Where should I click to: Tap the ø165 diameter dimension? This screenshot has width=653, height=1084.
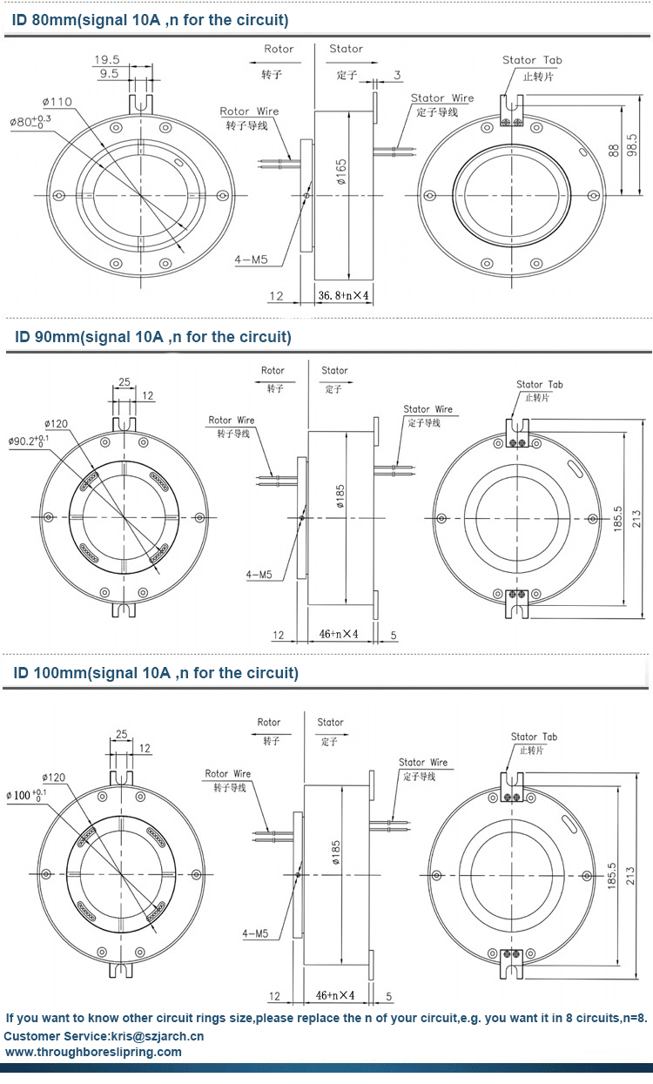pyautogui.click(x=341, y=178)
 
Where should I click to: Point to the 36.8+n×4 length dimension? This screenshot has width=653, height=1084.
pyautogui.click(x=343, y=296)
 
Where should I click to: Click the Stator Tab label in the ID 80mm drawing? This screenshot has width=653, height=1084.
pyautogui.click(x=532, y=60)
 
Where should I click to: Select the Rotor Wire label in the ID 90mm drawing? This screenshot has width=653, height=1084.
pyautogui.click(x=232, y=421)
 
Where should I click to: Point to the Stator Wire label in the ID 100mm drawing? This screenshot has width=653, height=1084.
pyautogui.click(x=422, y=763)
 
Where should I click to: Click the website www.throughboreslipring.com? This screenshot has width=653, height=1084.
pyautogui.click(x=94, y=1052)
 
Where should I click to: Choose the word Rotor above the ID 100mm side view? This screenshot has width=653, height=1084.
pyautogui.click(x=269, y=722)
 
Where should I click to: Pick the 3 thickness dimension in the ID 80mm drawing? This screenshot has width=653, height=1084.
pyautogui.click(x=397, y=75)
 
